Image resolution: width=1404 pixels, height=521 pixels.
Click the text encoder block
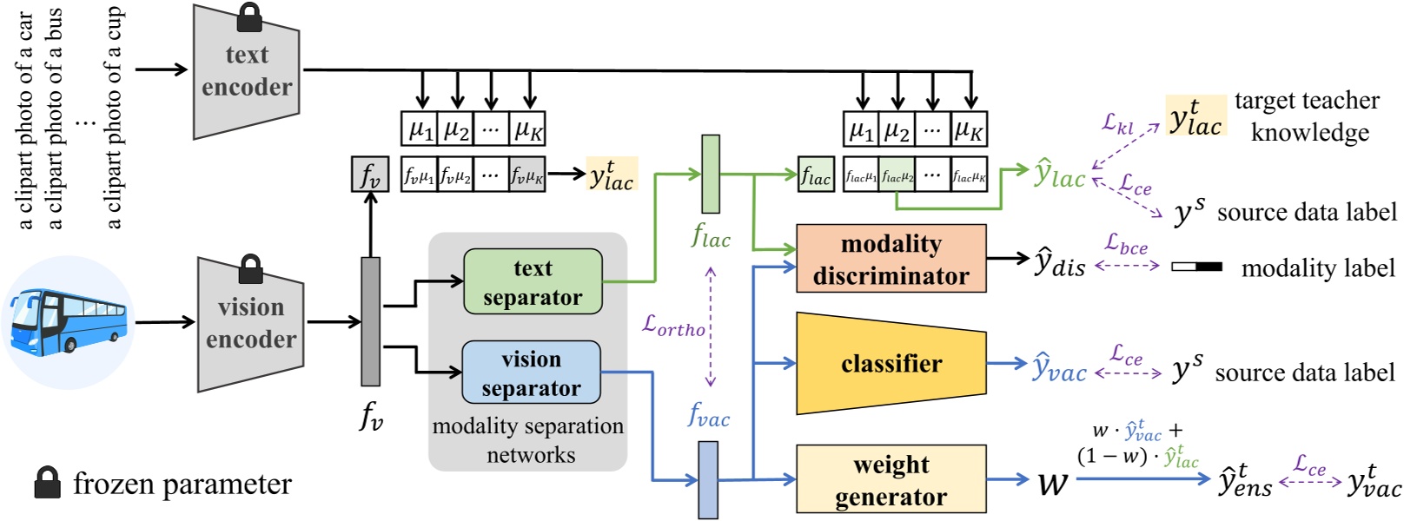247,72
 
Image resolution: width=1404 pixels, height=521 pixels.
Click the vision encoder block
251,324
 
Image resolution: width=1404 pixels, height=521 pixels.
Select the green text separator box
533,282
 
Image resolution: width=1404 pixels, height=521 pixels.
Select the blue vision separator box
531,373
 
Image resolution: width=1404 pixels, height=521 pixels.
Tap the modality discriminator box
891,259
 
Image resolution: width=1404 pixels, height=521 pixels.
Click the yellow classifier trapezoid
891,363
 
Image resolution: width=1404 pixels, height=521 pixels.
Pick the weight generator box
891,479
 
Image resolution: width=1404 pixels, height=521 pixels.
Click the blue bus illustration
68,322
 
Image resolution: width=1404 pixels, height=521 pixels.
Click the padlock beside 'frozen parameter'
47,483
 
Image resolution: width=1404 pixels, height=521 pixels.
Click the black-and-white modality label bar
1196,267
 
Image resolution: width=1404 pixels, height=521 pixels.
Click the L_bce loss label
1126,244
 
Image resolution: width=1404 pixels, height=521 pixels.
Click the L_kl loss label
1118,123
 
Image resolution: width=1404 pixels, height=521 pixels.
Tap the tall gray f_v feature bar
371,321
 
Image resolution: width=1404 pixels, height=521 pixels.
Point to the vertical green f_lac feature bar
711,174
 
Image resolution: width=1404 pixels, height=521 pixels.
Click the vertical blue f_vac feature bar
709,479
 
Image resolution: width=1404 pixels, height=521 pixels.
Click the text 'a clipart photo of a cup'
114,117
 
